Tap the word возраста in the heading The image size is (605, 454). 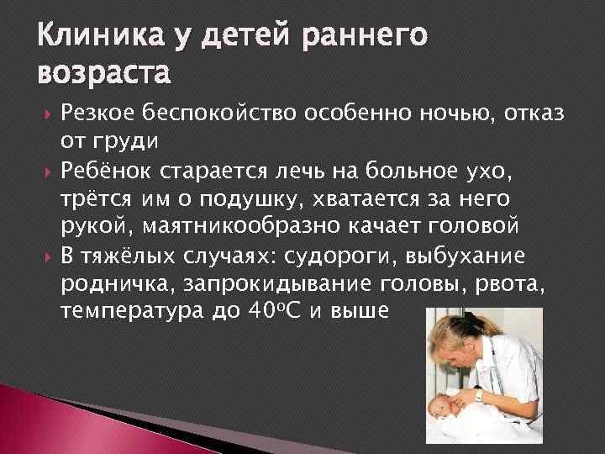point(104,74)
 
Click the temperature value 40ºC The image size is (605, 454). point(282,311)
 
